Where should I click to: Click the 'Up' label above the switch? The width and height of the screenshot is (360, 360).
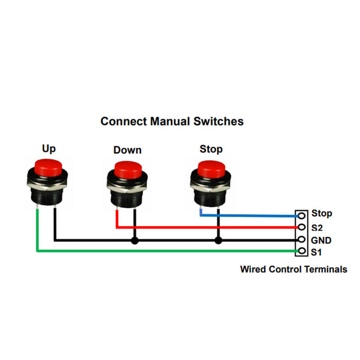49,148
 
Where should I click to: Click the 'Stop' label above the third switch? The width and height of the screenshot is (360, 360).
211,149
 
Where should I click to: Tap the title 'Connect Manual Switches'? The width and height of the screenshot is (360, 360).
172,121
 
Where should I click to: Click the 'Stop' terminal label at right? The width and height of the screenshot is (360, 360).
322,214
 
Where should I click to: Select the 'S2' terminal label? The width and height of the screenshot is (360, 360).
317,227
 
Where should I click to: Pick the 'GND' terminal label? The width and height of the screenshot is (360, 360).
321,241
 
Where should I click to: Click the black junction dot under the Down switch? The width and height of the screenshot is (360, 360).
135,241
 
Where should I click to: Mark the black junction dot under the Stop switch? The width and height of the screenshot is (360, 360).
218,241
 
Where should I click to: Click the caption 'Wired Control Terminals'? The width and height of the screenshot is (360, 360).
293,269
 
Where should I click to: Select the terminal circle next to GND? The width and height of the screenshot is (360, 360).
301,240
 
